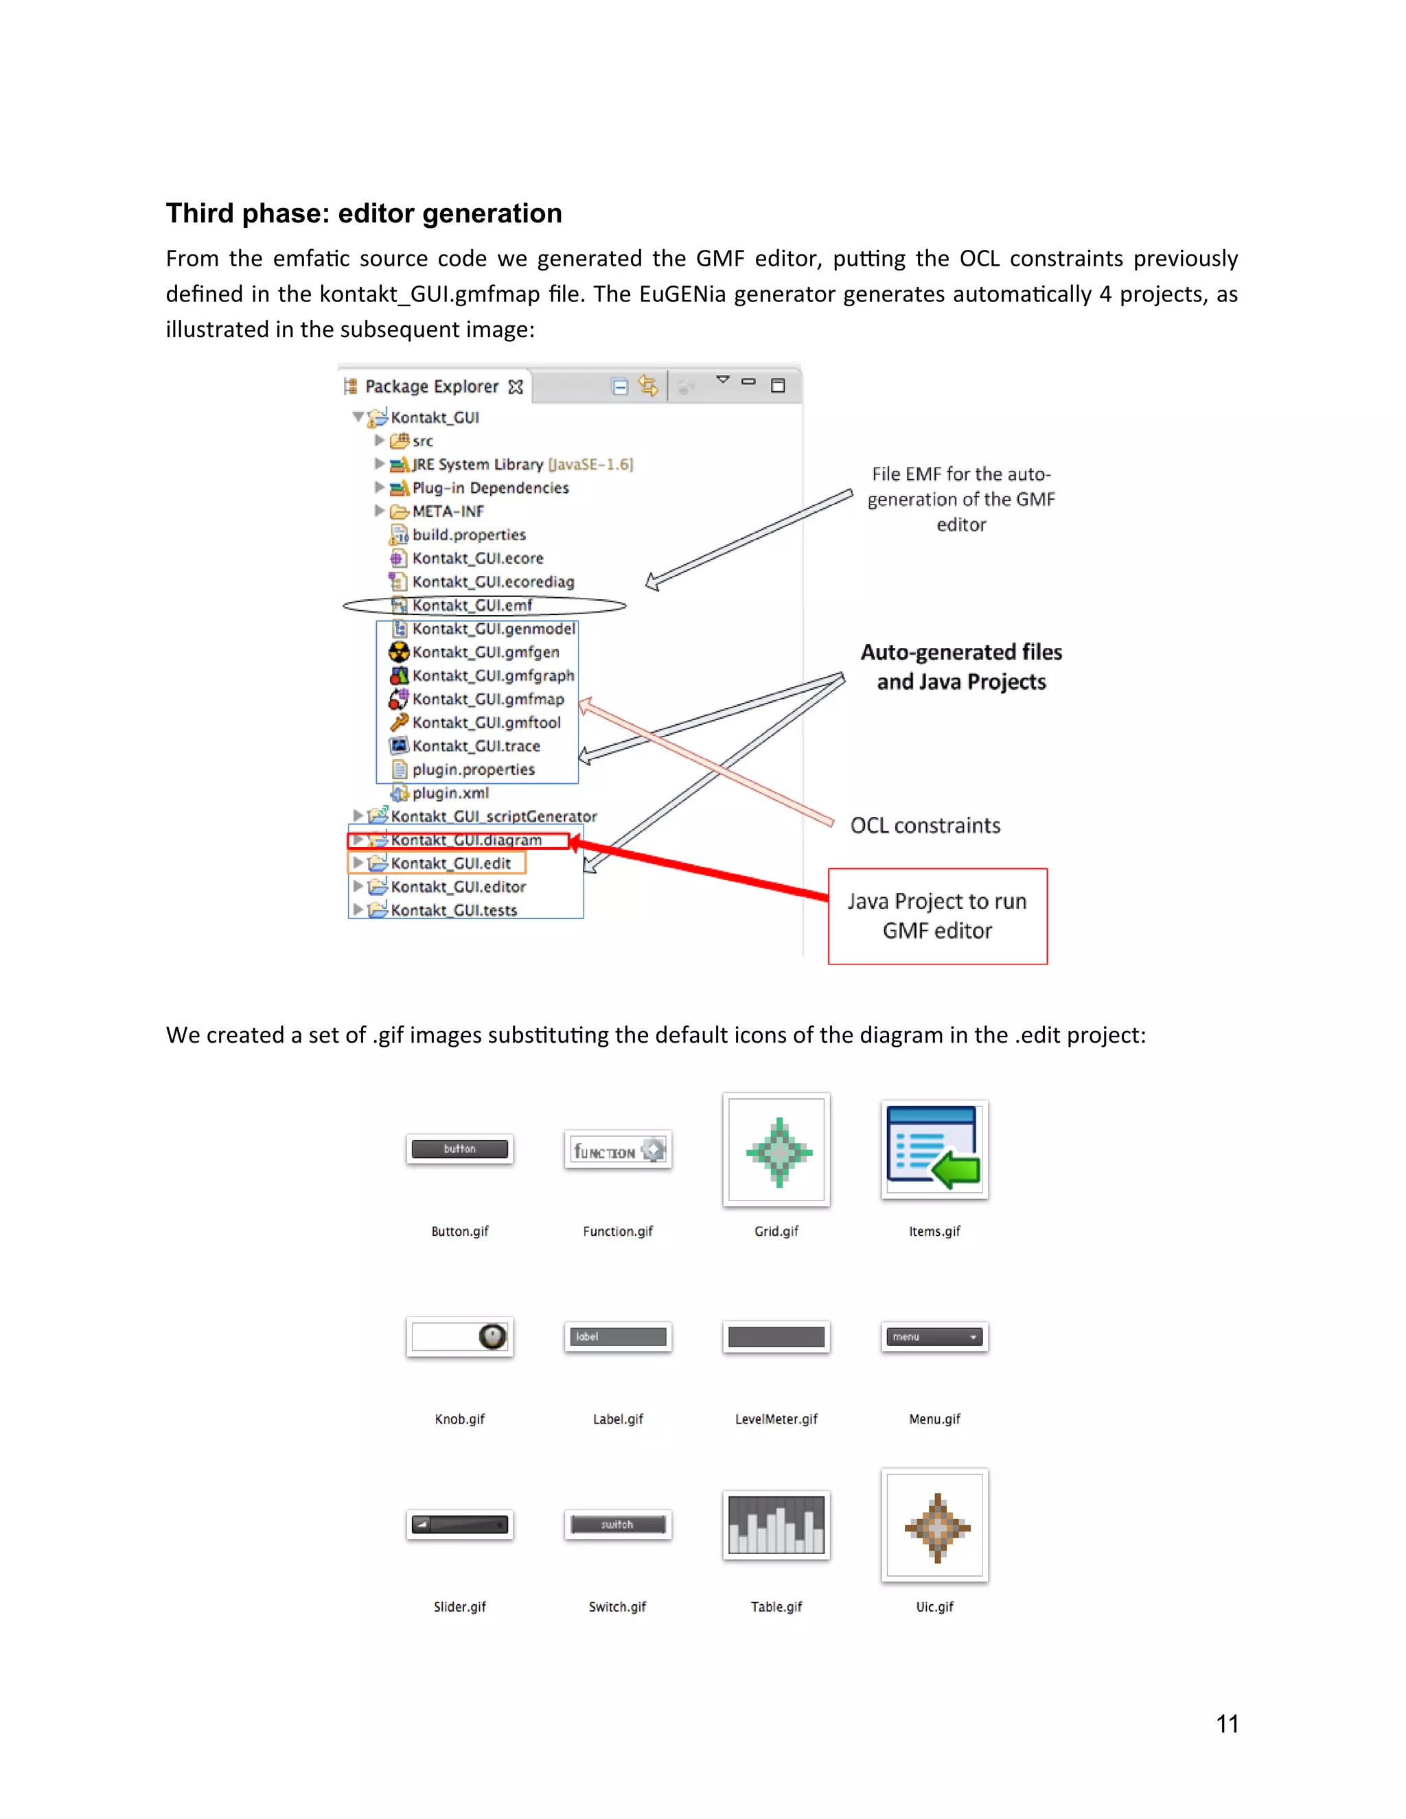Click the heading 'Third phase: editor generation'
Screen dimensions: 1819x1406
point(364,213)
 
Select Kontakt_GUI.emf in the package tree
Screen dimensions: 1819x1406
point(472,605)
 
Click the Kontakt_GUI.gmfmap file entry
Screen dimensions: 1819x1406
point(487,699)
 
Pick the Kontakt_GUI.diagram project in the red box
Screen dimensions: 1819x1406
point(465,840)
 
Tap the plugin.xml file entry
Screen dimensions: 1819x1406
point(450,793)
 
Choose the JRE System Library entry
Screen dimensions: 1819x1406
point(522,465)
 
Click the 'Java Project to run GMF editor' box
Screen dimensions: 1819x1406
point(937,916)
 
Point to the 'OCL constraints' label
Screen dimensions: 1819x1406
point(925,825)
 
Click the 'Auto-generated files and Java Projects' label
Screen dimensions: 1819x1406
point(961,667)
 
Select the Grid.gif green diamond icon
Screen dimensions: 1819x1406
point(777,1152)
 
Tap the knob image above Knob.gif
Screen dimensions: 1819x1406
point(492,1336)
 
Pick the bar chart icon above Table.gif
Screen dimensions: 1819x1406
point(776,1525)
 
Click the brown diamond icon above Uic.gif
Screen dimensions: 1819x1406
point(936,1527)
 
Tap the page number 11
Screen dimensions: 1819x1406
point(1227,1724)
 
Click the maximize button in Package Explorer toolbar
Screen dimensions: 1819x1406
point(778,386)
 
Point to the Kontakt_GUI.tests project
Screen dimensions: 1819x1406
point(453,911)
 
